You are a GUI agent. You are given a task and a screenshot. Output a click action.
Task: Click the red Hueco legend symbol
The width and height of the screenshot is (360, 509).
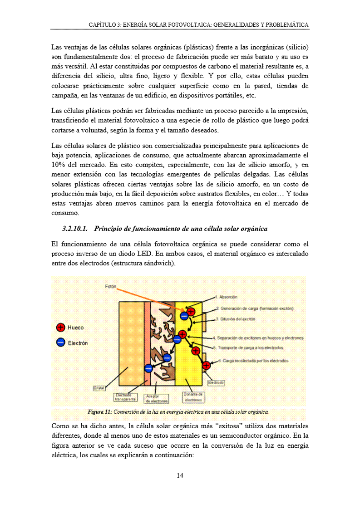(60, 328)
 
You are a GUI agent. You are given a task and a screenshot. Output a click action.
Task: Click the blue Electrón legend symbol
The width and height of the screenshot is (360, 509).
(60, 343)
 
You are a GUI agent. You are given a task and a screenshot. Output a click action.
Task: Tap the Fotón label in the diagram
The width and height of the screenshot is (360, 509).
(111, 287)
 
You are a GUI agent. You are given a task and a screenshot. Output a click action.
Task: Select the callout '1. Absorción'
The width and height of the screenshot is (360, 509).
(228, 297)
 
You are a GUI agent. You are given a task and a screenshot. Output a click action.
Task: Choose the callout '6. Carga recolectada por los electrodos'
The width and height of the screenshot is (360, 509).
(253, 361)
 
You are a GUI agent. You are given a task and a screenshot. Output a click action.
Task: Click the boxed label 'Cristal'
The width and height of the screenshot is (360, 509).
(99, 388)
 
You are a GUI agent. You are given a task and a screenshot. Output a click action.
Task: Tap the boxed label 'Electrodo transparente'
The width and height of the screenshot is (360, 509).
(125, 397)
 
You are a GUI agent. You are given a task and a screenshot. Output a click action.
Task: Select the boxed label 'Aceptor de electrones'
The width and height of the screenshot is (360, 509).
(157, 399)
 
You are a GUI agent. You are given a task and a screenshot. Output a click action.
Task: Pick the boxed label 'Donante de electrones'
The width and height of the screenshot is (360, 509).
(193, 397)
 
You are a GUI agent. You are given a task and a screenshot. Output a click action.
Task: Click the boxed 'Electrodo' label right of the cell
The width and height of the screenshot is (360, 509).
(216, 383)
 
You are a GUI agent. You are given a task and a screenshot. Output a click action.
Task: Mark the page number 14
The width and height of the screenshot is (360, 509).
(180, 475)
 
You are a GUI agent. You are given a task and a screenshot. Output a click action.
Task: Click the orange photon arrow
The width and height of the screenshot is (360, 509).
(150, 298)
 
